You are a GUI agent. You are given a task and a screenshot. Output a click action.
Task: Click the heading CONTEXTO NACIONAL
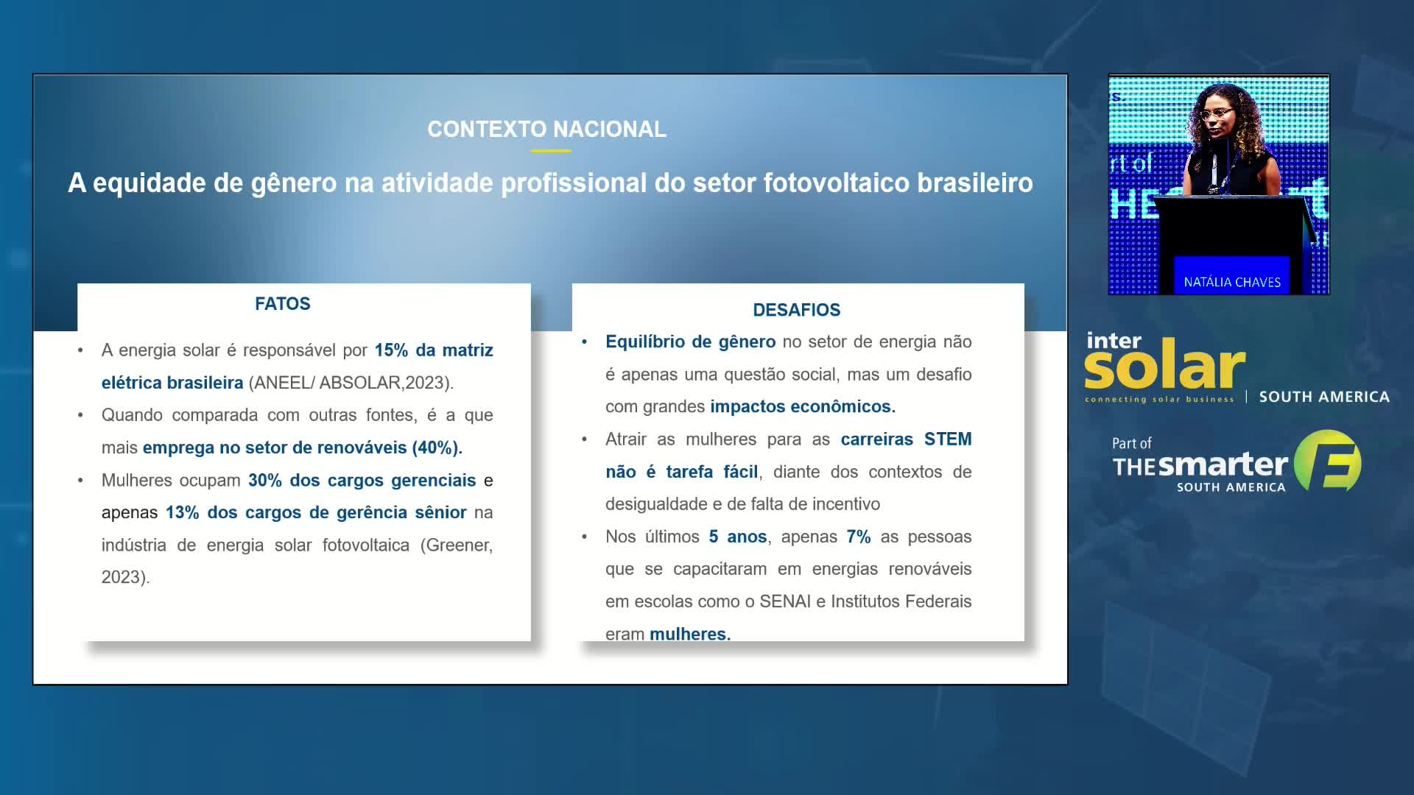click(546, 130)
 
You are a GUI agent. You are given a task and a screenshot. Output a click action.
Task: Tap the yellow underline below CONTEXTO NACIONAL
click(550, 151)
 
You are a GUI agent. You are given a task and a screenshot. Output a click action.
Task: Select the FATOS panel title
click(283, 304)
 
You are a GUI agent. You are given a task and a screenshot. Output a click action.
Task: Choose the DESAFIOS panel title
click(796, 310)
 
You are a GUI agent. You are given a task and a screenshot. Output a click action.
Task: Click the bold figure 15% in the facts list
click(391, 350)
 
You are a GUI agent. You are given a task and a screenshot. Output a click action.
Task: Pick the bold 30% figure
click(265, 481)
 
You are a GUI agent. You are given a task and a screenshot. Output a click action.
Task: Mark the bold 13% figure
click(182, 513)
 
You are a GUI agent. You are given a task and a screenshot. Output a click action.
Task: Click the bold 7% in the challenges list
click(859, 537)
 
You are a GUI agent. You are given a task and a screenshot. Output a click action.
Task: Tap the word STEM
click(948, 439)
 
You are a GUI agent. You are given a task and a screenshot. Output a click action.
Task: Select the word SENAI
click(785, 601)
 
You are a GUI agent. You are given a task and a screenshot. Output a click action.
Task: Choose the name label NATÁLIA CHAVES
click(1232, 282)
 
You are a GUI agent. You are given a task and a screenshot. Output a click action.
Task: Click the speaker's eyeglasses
click(1217, 113)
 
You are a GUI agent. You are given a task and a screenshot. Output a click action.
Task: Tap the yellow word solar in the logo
click(1164, 366)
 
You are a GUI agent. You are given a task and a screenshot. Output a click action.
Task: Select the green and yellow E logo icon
click(1328, 462)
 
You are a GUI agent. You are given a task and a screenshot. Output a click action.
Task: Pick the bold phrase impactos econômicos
click(803, 407)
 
